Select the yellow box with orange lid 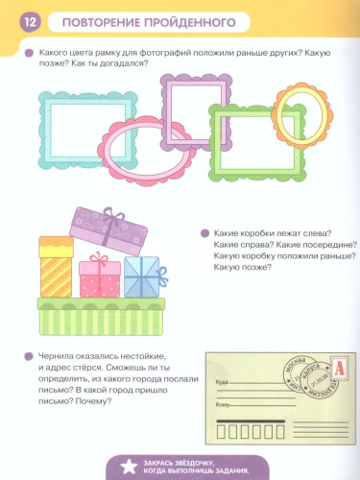pos(56,263)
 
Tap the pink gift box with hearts pos(99,276)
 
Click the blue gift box pos(142,277)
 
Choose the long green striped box pos(101,316)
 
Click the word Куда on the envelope pos(223,382)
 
